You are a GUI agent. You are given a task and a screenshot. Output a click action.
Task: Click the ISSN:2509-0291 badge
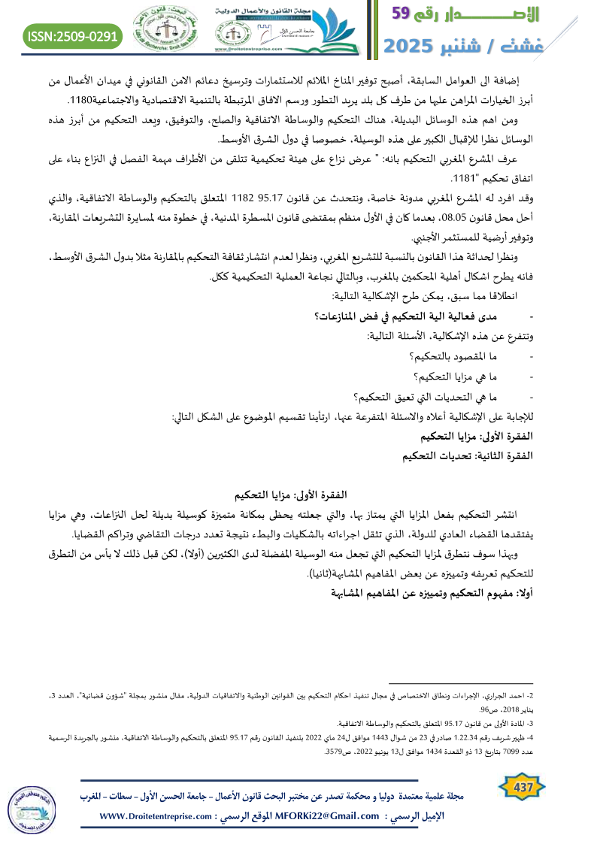pos(74,35)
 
